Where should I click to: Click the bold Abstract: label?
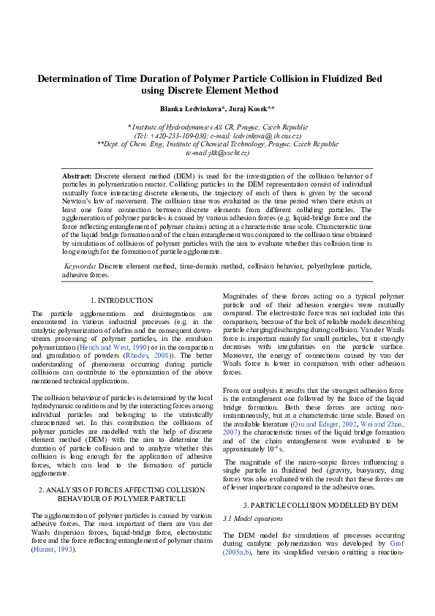(x=77, y=176)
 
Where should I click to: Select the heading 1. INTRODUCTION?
(x=121, y=300)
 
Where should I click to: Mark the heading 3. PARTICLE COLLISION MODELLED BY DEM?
(x=319, y=505)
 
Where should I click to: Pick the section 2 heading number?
(x=42, y=489)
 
